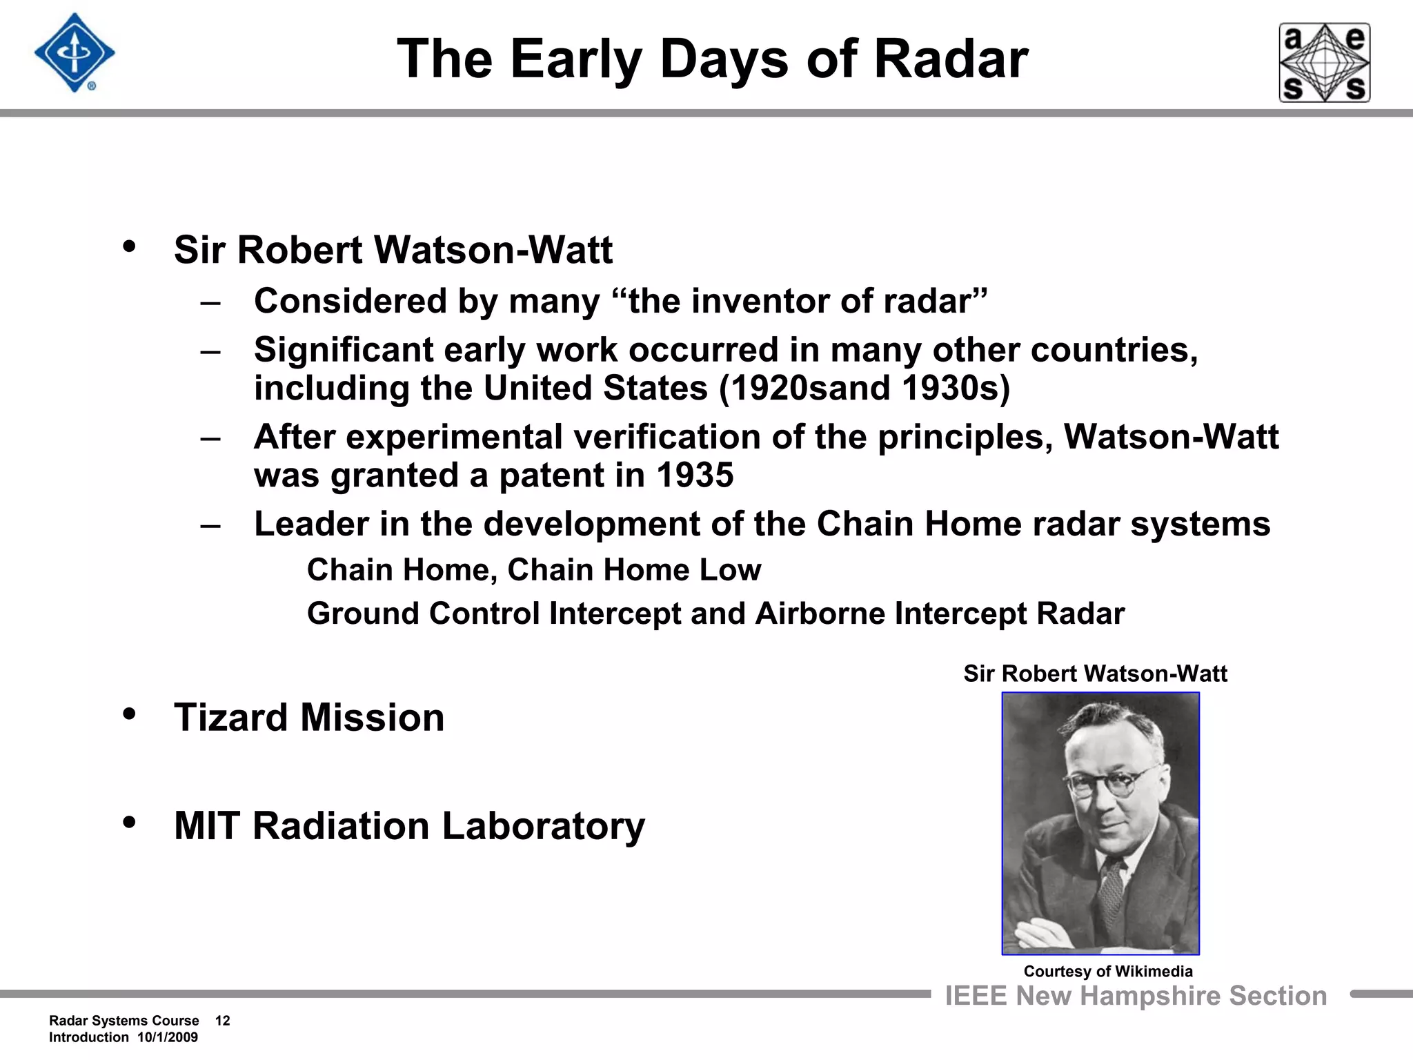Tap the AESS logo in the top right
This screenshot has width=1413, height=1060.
coord(1324,63)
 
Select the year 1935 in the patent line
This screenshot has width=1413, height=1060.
coord(695,475)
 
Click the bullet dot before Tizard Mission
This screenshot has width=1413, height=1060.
coord(129,714)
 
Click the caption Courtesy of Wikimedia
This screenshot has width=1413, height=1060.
coord(1108,971)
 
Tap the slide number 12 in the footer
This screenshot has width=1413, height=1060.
coord(222,1021)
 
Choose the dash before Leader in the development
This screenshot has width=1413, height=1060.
coord(210,526)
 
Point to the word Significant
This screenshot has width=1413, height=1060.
coord(343,350)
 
